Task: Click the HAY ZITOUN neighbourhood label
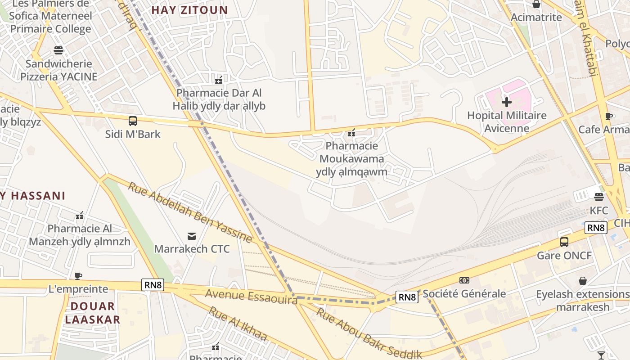click(x=189, y=10)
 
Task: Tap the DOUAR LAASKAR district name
click(x=92, y=313)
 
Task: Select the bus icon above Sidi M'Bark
click(x=133, y=121)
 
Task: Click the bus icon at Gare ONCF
click(x=564, y=242)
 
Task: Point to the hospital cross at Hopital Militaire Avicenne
click(x=507, y=102)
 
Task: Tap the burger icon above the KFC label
click(x=598, y=197)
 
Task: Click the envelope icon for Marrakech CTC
click(x=192, y=236)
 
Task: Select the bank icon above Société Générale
click(x=464, y=280)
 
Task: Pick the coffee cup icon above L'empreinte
click(x=79, y=275)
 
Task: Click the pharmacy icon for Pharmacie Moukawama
click(x=351, y=133)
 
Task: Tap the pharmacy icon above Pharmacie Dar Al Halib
click(x=219, y=80)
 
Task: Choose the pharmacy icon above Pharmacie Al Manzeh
click(x=80, y=216)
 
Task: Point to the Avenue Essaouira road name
click(x=251, y=296)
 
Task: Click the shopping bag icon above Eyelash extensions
click(x=583, y=281)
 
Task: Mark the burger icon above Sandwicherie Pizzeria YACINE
click(x=58, y=50)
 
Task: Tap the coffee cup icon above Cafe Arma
click(x=609, y=116)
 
